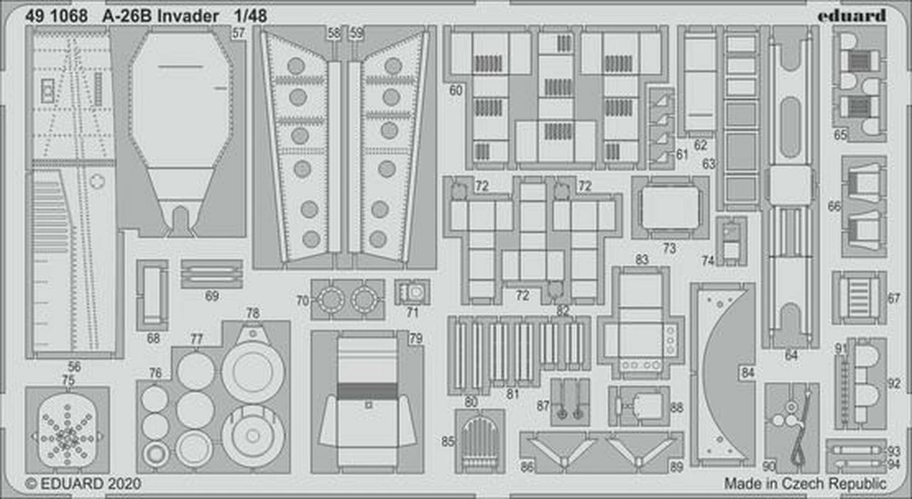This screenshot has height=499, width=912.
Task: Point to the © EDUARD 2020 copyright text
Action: pos(83,483)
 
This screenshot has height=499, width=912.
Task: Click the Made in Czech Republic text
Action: pos(805,483)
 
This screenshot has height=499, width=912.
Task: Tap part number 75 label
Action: pos(68,380)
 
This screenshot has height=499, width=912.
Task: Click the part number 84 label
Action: pos(747,372)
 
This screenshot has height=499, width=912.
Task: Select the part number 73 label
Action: pos(668,248)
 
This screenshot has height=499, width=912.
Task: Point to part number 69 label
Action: pos(212,296)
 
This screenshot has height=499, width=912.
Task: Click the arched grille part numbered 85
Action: pos(480,441)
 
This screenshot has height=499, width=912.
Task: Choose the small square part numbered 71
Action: pos(413,292)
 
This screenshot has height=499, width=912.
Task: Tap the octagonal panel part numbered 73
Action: pos(670,208)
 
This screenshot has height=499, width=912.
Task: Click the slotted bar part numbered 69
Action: pos(212,273)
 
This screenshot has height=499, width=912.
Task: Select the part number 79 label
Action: pos(416,339)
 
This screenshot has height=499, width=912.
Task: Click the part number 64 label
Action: pos(791,355)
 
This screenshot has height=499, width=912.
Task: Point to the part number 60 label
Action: pos(456,90)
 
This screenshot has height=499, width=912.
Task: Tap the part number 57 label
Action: pos(239,32)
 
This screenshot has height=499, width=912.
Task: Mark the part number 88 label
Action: pos(676,408)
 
